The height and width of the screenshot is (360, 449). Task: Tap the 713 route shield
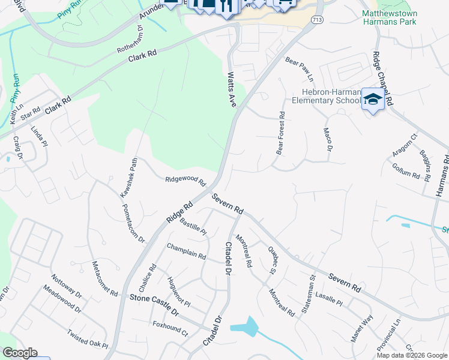pos(316,20)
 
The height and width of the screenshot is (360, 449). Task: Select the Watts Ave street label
pos(232,90)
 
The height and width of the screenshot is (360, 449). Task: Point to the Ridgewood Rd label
pos(185,179)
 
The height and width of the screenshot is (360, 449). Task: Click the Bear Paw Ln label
pos(300,69)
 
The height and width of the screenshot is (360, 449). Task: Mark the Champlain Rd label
pos(186,251)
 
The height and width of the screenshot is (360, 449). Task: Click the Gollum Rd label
pos(408,174)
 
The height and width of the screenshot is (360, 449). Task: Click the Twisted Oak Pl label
pos(87,340)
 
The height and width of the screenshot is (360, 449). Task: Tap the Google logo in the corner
pos(20,353)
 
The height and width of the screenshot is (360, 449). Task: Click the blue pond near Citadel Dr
pos(245,328)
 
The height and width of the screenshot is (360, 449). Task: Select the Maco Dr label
pos(328,139)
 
